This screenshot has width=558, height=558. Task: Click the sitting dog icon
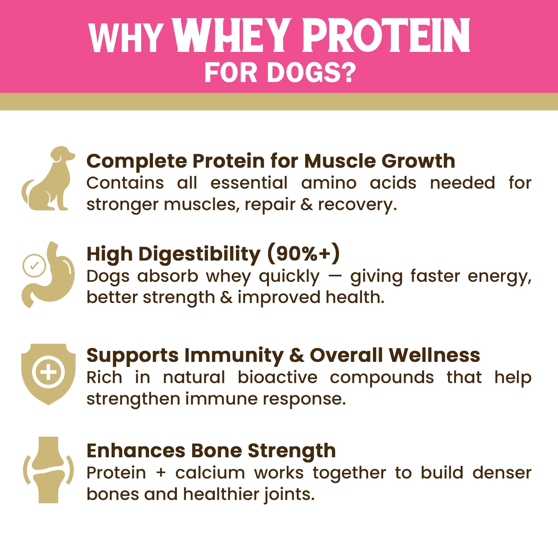(48, 179)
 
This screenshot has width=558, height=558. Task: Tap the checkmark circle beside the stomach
(34, 265)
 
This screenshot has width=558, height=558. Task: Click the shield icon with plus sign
(48, 374)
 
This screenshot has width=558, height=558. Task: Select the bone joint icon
(48, 470)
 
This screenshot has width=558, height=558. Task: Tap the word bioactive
(278, 377)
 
